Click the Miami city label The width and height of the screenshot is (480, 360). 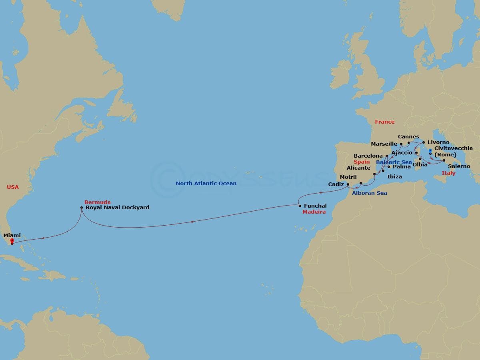(12, 236)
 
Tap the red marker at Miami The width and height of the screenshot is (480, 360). (12, 241)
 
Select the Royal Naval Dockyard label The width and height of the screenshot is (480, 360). (118, 208)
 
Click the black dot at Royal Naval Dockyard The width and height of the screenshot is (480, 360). (82, 208)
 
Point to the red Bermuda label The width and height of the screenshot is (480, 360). (98, 202)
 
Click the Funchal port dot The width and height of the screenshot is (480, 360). (300, 206)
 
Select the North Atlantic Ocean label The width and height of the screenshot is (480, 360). (206, 184)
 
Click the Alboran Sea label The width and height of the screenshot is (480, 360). (369, 193)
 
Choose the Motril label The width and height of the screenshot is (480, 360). (348, 177)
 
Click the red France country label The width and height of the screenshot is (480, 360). (384, 122)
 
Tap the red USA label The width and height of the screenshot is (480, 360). (13, 187)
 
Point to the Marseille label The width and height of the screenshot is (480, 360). (384, 144)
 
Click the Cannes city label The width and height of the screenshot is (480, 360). (408, 137)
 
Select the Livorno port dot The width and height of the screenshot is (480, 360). (424, 142)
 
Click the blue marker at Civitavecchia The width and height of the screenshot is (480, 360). (430, 151)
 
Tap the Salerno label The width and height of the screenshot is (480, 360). (459, 166)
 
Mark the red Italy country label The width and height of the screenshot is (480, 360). (448, 173)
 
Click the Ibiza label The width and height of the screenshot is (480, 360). (394, 176)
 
